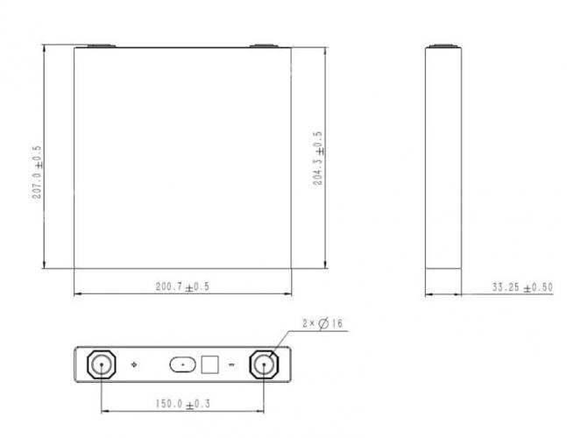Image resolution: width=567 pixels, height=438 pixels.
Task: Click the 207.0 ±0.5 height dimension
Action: [37, 173]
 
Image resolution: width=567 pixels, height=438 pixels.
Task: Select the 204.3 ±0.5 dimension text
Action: [318, 159]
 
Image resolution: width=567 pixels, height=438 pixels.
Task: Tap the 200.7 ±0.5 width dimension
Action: [182, 286]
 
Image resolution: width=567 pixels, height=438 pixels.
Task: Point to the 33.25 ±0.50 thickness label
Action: [522, 287]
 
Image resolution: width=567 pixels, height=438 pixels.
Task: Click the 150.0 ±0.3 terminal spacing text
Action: [183, 404]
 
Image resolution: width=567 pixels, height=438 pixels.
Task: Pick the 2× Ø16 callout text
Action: [322, 322]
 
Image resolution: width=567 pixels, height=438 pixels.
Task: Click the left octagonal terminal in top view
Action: [102, 364]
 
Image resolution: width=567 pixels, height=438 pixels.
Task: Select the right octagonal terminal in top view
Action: [264, 364]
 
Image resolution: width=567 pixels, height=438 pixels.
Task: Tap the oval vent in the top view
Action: [182, 364]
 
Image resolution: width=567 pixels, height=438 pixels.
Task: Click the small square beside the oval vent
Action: [209, 364]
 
